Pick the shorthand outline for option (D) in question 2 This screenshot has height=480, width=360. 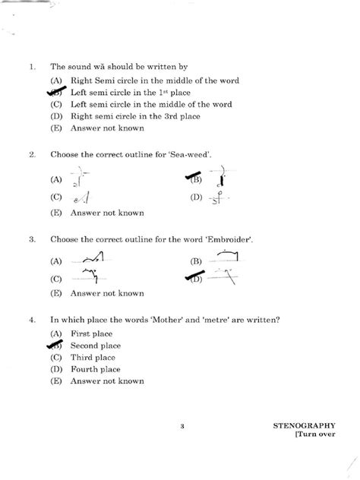[x=219, y=198]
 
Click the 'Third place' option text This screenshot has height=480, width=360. [x=92, y=357]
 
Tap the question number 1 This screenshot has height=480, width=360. [x=31, y=67]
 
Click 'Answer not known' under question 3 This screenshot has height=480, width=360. [x=107, y=292]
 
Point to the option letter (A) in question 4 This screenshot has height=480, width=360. [x=55, y=333]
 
